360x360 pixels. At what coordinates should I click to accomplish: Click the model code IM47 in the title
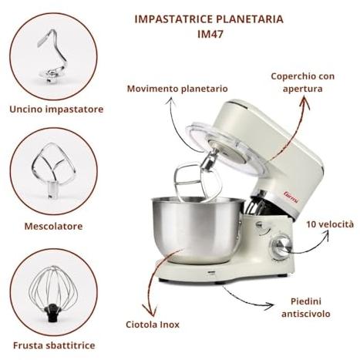click(210, 34)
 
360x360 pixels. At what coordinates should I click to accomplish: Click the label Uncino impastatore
click(56, 109)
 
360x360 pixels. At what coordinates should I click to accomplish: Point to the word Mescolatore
click(53, 226)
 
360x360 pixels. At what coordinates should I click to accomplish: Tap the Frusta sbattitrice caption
click(54, 345)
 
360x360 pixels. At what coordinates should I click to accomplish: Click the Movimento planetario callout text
click(177, 89)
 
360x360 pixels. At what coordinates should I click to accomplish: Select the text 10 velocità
click(330, 224)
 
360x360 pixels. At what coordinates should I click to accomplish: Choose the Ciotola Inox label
click(153, 325)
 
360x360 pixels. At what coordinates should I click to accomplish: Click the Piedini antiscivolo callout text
click(306, 308)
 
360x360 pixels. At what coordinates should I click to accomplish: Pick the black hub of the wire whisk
click(52, 312)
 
